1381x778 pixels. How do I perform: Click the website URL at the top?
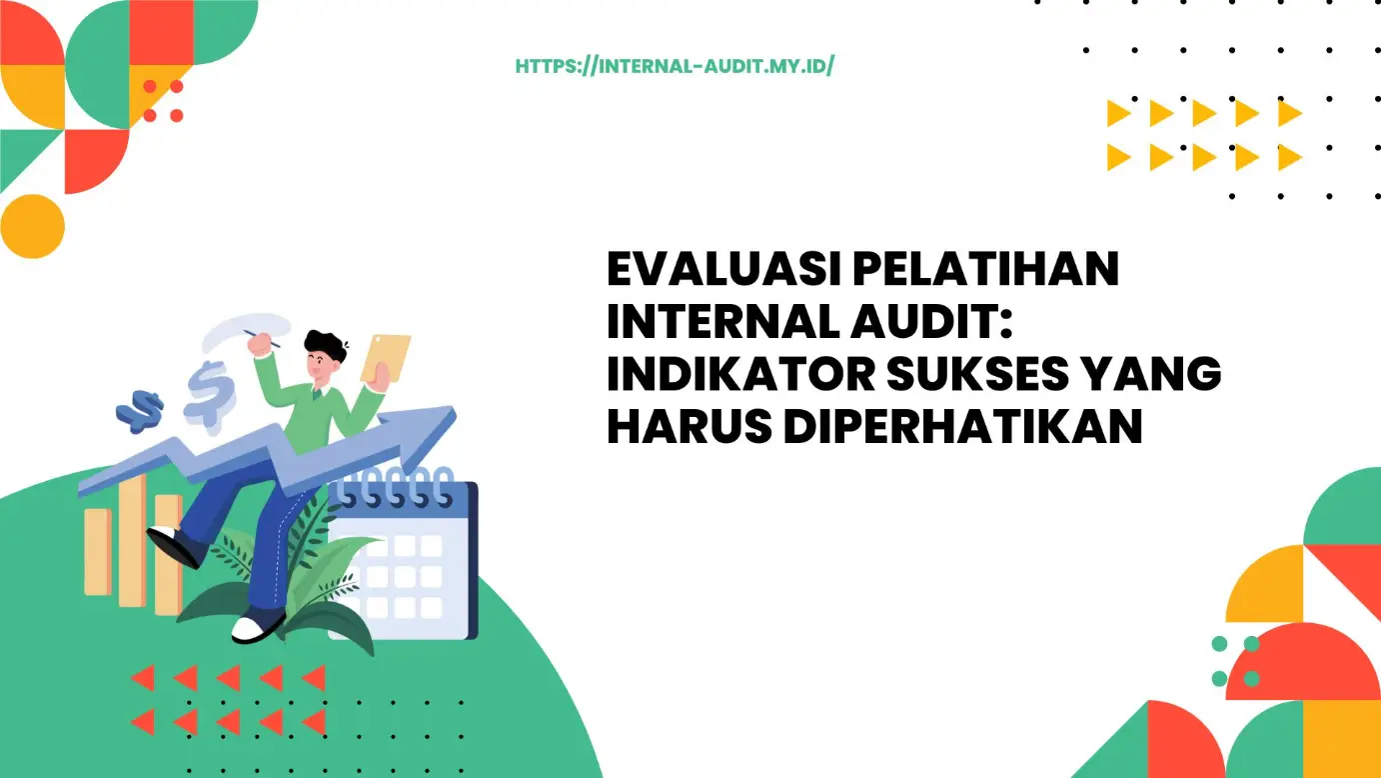[x=675, y=67]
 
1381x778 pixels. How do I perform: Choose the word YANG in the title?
[x=1162, y=375]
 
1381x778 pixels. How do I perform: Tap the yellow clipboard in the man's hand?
[x=386, y=357]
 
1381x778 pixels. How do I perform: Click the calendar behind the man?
[x=405, y=560]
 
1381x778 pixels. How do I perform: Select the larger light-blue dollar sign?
[x=210, y=395]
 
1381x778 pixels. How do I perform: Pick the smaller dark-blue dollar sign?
[x=140, y=411]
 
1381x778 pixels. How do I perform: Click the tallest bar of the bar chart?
[x=131, y=540]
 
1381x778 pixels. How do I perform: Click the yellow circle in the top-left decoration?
[x=32, y=226]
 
